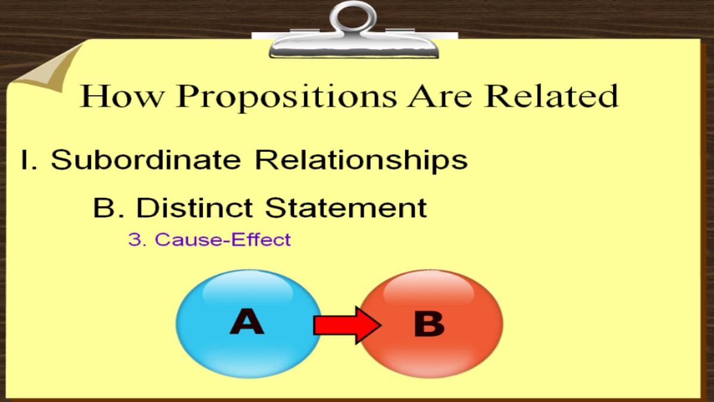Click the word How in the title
[x=121, y=96]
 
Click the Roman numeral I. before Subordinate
[x=29, y=160]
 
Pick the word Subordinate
[x=146, y=159]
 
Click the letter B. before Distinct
[x=109, y=207]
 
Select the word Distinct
[x=195, y=207]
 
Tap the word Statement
[x=346, y=207]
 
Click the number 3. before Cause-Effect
[x=137, y=239]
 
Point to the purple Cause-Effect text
[x=223, y=239]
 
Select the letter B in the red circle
[x=429, y=324]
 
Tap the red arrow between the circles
[x=347, y=325]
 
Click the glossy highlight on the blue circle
[x=248, y=291]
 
